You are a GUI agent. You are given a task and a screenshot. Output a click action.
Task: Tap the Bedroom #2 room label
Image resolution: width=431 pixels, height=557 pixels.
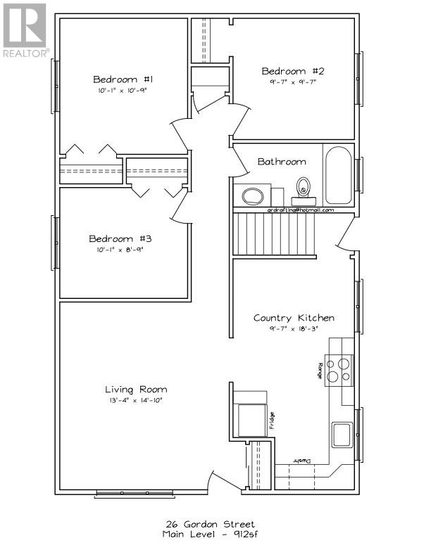click(x=293, y=71)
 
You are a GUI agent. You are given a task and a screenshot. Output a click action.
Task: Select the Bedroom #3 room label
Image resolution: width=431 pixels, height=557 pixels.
click(x=121, y=238)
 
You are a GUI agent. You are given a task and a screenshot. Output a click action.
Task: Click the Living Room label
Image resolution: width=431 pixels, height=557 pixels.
click(x=136, y=389)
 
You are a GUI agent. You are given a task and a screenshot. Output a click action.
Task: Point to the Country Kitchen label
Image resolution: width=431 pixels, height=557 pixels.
click(x=294, y=318)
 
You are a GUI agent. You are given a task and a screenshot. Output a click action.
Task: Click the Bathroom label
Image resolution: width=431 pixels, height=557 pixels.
click(x=281, y=161)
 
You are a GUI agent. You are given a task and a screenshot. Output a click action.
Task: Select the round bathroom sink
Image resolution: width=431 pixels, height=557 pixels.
click(x=251, y=196)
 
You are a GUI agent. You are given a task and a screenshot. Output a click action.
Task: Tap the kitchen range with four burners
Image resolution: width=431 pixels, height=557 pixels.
click(x=340, y=371)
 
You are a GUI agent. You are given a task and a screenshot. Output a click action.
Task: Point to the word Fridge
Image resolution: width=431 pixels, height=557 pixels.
click(x=271, y=421)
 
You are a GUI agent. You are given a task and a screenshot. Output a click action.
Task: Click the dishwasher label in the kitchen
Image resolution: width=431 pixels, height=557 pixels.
click(x=303, y=461)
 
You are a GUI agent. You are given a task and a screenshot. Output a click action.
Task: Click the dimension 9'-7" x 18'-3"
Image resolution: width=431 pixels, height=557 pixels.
click(x=294, y=328)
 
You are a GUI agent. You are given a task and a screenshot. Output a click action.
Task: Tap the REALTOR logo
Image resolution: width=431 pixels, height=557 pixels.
click(x=25, y=30)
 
